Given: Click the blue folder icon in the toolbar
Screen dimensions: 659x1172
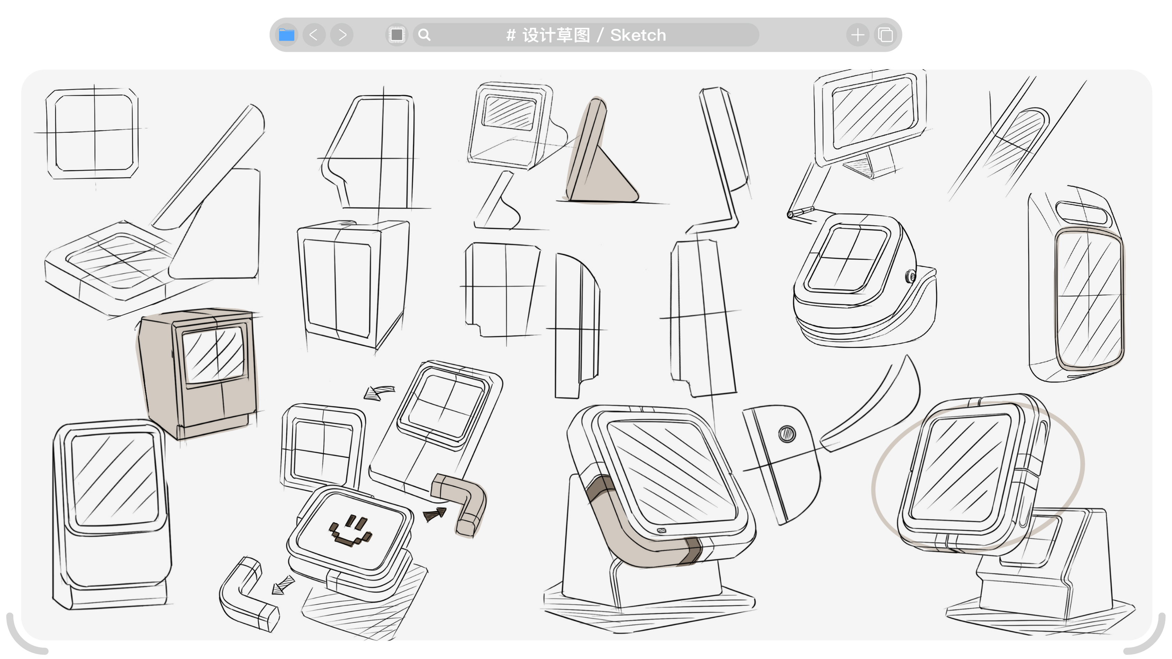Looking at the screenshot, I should [x=287, y=35].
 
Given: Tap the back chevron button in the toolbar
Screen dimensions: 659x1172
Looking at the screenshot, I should [x=314, y=35].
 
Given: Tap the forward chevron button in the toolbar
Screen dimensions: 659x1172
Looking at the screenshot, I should [x=342, y=35].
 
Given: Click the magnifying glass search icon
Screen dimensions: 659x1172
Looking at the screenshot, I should [x=424, y=35].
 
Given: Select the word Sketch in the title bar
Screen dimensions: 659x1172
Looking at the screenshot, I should [x=638, y=35].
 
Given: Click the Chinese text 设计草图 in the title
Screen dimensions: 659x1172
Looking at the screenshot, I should [x=556, y=35].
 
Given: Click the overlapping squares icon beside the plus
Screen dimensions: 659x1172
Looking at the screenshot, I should [x=885, y=35].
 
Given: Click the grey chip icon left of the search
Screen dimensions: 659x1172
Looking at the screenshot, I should [x=397, y=35].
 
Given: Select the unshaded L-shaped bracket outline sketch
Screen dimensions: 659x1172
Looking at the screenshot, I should [x=248, y=596].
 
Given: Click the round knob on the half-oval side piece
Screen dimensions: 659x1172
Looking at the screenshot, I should [x=787, y=433].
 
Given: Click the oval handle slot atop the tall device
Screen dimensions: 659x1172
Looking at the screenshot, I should [x=1080, y=212].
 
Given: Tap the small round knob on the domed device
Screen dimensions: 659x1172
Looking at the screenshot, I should [x=910, y=276].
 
